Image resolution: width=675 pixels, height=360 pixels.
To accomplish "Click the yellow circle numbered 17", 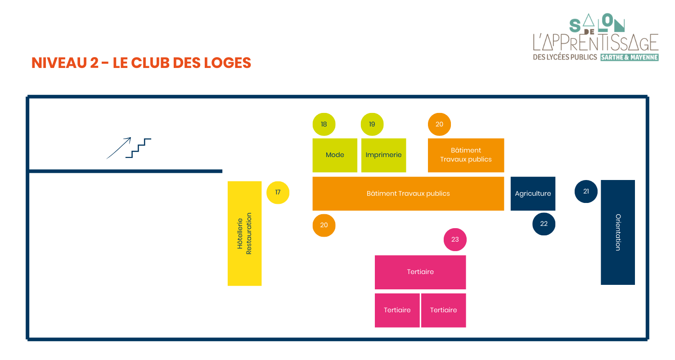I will (x=278, y=193).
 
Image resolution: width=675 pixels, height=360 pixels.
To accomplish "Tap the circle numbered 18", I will (x=324, y=124).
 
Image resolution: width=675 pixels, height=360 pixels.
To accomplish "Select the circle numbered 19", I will (x=372, y=124).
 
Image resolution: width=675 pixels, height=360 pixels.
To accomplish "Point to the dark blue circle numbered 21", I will (x=586, y=191).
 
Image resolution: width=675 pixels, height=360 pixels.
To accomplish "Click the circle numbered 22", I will (x=544, y=224).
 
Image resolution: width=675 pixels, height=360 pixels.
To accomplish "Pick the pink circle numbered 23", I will (x=455, y=239).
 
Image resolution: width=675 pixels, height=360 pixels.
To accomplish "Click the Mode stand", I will (x=335, y=155).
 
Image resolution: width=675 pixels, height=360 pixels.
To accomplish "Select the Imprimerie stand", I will (x=383, y=155).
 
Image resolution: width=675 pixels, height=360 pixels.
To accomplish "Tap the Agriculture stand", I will (x=533, y=193).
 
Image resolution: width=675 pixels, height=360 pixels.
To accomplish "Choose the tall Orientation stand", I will (x=618, y=232).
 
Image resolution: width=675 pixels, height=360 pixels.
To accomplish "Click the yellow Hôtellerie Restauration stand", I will (x=244, y=233).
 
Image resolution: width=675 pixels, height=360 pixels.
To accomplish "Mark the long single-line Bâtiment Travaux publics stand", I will (x=408, y=193).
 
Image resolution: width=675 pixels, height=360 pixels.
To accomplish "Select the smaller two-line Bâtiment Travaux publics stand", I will (x=466, y=155).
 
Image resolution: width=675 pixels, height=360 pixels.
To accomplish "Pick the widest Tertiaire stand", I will (x=420, y=272).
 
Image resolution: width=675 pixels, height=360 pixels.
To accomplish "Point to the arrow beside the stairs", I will (x=118, y=148).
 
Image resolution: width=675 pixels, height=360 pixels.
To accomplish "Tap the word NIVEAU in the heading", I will (x=59, y=63).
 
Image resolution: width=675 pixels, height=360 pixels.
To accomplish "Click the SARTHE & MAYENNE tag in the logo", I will (x=629, y=58).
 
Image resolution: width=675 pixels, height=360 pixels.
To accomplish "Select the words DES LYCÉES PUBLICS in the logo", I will (x=565, y=58).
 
